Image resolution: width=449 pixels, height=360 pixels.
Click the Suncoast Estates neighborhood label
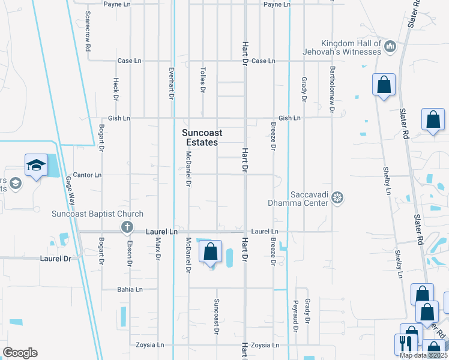[x=200, y=137]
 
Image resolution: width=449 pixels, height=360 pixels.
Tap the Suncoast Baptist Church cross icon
[x=127, y=227]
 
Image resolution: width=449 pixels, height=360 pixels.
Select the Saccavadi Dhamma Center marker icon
[x=338, y=197]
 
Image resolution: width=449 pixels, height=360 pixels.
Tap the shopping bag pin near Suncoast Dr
[x=210, y=252]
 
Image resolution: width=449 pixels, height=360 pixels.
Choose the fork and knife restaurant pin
[x=406, y=344]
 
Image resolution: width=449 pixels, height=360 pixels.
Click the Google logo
[x=20, y=353]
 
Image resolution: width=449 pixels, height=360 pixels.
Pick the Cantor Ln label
[x=88, y=175]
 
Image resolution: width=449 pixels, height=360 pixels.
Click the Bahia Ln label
[x=130, y=289]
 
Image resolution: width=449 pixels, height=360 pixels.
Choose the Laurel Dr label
[x=55, y=259]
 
